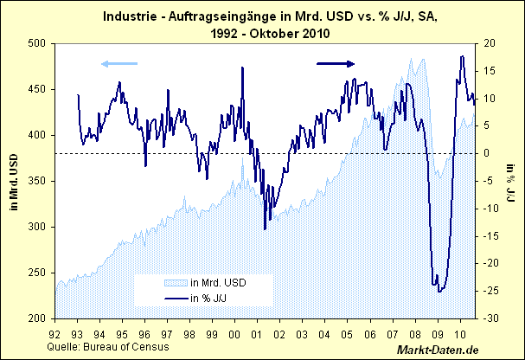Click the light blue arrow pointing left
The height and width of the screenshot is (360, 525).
pyautogui.click(x=118, y=63)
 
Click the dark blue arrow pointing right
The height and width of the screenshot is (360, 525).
pyautogui.click(x=336, y=63)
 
